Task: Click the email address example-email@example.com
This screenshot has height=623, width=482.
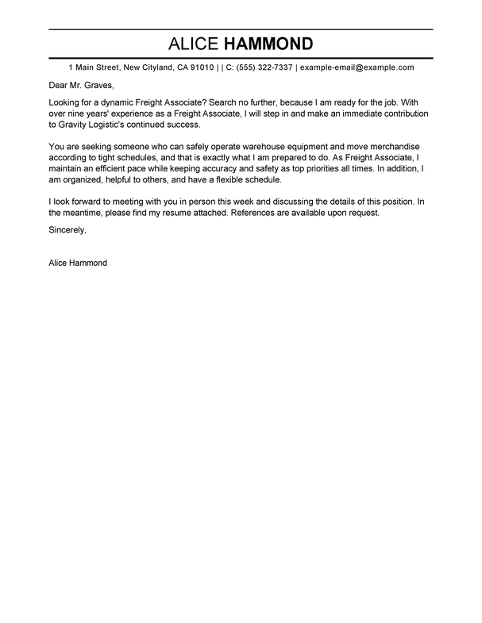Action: coord(357,68)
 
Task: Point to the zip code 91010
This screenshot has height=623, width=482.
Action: coord(200,68)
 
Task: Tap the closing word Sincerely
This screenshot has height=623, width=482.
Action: coord(67,230)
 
